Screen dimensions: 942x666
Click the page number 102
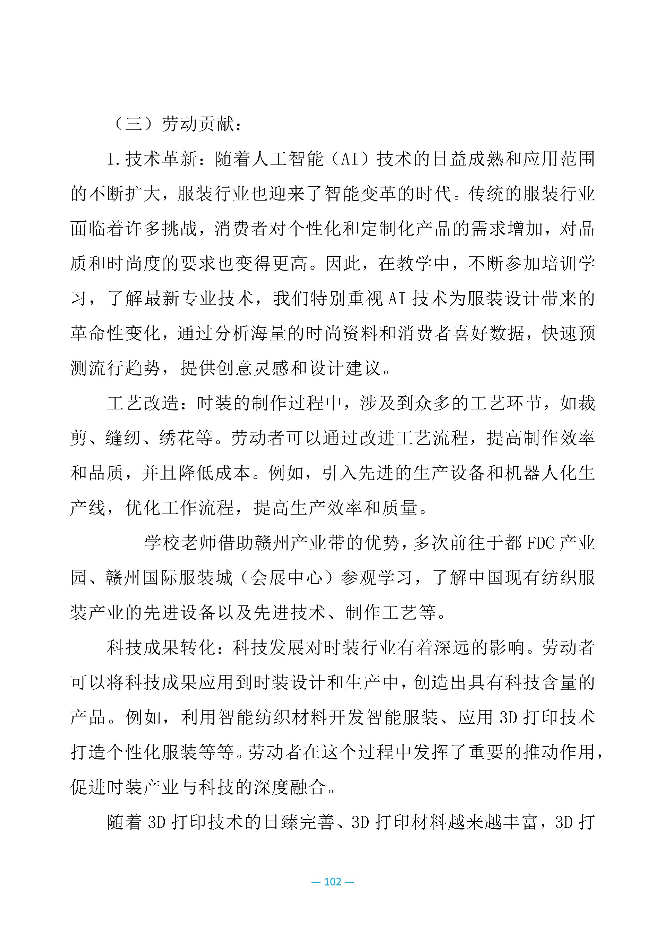click(x=333, y=882)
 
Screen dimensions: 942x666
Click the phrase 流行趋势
click(x=124, y=368)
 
